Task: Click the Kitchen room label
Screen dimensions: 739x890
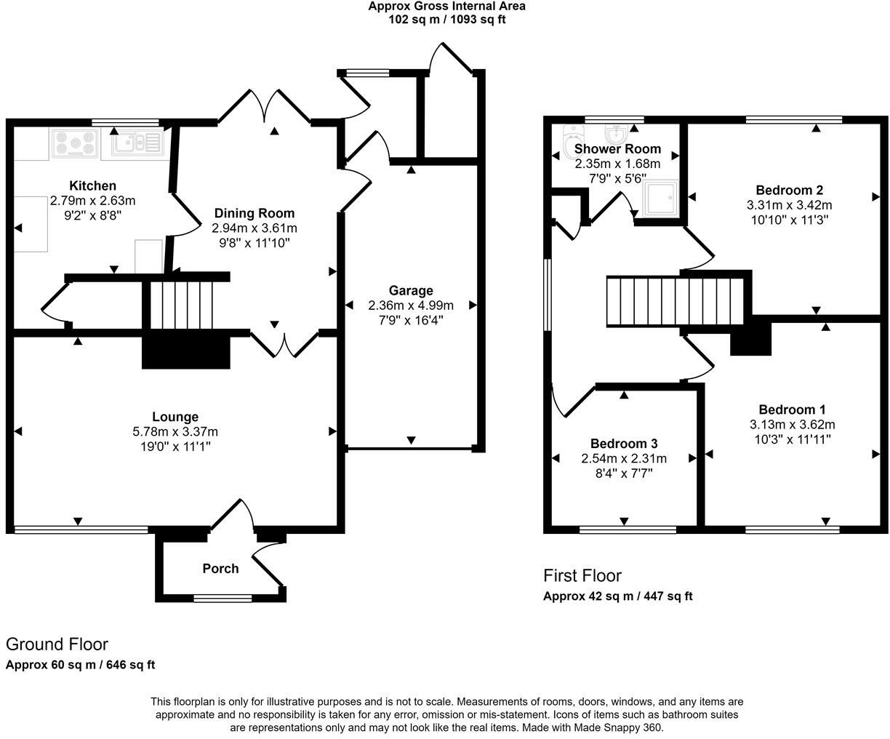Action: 92,186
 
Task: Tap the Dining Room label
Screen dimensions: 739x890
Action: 254,213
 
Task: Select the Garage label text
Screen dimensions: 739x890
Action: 410,291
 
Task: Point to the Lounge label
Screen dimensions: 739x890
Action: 175,417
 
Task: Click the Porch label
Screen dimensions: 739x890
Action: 220,569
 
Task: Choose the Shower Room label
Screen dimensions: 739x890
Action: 617,149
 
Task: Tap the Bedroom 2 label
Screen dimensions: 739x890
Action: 789,191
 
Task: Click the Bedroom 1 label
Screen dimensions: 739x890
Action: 792,410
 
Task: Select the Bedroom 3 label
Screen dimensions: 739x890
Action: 624,444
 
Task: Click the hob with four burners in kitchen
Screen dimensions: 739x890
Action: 73,143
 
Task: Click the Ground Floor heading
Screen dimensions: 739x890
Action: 57,644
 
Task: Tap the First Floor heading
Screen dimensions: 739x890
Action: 582,576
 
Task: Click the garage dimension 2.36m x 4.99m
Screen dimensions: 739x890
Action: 410,305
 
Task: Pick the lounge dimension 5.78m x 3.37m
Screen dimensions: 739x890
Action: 175,431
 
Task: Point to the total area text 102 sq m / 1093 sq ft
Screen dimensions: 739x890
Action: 446,20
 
